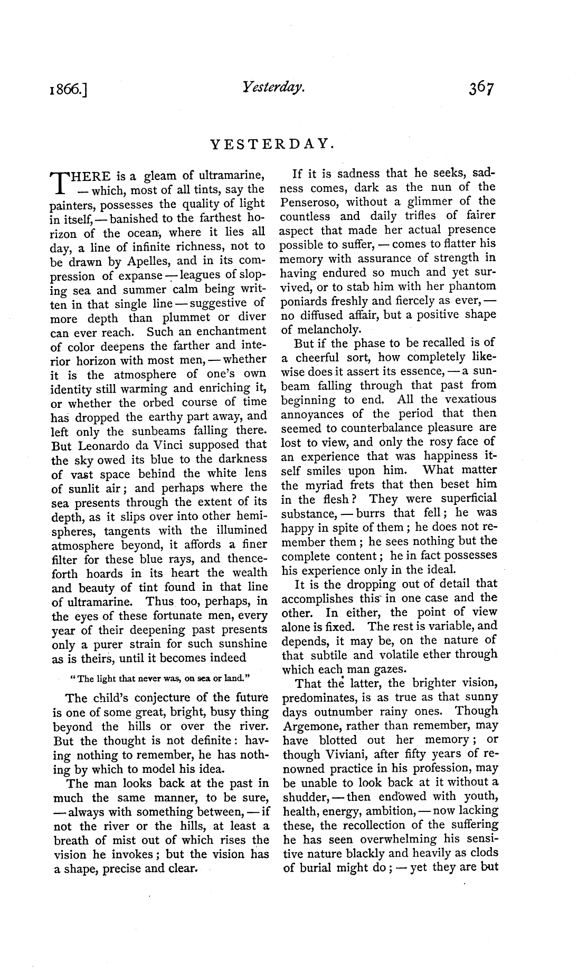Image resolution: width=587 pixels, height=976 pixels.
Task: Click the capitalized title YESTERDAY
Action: coord(272,143)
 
